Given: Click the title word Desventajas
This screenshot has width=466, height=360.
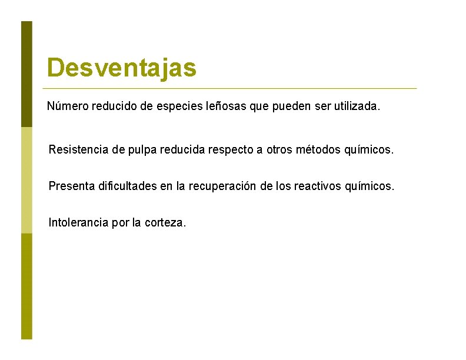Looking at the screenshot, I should tap(122, 68).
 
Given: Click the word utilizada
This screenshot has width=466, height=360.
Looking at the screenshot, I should tap(357, 107).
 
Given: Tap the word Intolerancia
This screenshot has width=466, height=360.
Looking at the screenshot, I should tap(78, 223).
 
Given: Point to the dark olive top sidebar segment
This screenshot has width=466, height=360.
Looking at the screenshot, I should tap(26, 74).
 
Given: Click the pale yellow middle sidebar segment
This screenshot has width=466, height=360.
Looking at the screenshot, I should tap(26, 180).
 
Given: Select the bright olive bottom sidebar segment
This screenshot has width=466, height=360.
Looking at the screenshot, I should tap(26, 286).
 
